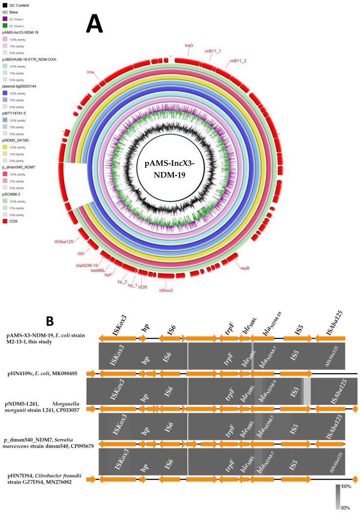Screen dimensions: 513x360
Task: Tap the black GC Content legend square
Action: tap(5, 5)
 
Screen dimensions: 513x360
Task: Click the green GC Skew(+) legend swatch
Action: tap(5, 25)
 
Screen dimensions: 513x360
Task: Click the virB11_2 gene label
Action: tap(237, 61)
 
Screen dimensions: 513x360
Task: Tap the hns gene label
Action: tap(90, 72)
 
